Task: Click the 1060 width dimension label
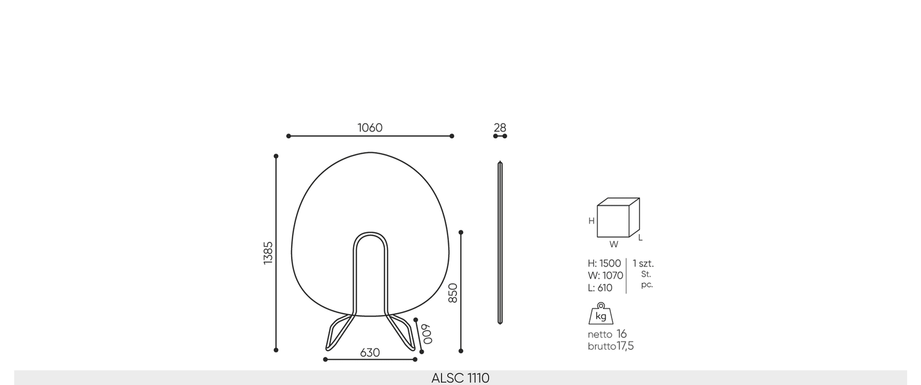[370, 128]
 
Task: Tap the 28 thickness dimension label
[500, 128]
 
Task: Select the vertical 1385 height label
[268, 253]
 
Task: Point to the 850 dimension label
[453, 293]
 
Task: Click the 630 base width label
[370, 353]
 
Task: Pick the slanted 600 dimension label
[427, 334]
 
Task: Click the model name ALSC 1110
[460, 378]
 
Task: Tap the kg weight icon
[600, 314]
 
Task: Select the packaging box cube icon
[618, 218]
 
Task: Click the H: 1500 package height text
[604, 263]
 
